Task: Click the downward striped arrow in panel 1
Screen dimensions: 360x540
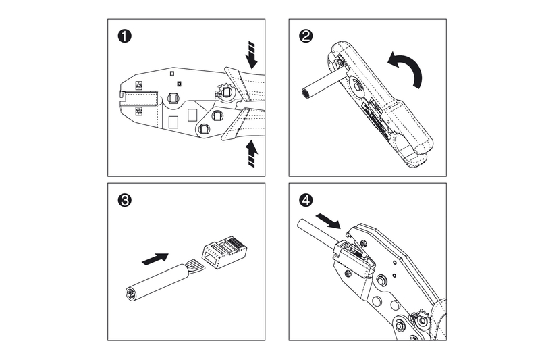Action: coord(252,54)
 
